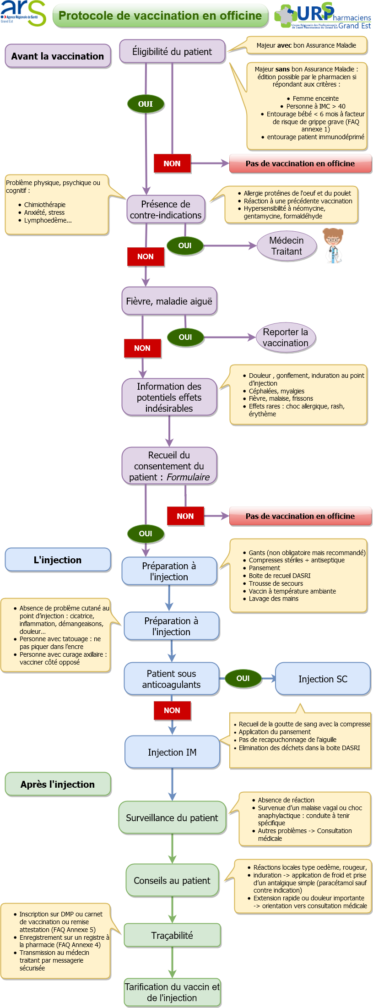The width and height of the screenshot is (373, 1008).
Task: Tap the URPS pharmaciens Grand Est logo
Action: pos(323,16)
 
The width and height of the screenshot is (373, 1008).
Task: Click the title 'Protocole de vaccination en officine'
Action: pos(160,16)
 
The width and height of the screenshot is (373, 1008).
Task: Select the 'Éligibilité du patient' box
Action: pos(172,51)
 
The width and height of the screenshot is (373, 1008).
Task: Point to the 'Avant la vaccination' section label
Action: pos(58,56)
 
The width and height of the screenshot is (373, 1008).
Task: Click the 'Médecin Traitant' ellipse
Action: pos(287,246)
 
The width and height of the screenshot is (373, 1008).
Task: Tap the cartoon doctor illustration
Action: pos(333,246)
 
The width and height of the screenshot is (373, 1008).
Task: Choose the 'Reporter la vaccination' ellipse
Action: pos(286,338)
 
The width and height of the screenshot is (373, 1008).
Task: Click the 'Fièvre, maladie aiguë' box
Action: pos(169,301)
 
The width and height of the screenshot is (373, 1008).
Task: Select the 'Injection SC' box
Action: pos(323,679)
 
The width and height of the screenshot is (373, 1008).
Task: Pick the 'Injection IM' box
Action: pos(172,752)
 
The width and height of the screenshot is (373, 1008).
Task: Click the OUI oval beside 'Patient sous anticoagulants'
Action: pos(243,678)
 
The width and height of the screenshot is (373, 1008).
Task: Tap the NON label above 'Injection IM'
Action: pos(172,710)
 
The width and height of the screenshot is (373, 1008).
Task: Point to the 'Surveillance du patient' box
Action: pos(172,817)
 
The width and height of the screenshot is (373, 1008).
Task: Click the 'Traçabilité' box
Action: pos(172,935)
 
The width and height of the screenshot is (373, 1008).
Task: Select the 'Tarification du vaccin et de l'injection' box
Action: pos(172,992)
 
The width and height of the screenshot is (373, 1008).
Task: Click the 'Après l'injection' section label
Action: pos(58,784)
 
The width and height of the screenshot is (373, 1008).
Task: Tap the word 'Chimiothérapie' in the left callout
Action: pos(45,205)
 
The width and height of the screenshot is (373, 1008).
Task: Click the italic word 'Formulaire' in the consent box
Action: pos(188,477)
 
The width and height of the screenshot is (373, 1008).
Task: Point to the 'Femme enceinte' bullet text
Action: pos(316,98)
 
